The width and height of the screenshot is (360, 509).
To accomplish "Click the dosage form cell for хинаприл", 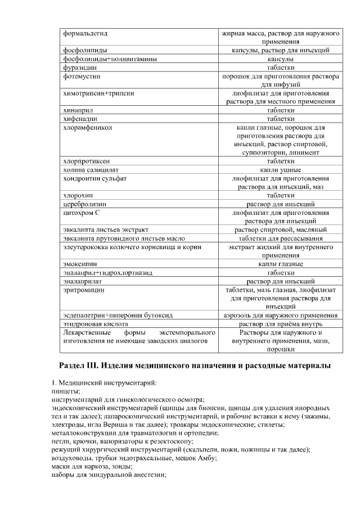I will [280, 110].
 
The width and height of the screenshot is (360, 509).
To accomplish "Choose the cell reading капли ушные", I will [280, 170].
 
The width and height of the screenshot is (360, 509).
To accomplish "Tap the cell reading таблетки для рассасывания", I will [280, 238].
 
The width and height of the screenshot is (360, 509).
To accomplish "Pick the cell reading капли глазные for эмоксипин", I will [280, 264].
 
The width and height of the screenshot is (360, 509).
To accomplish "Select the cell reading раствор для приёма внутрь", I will [280, 324].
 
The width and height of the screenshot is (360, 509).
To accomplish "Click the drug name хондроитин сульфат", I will [95, 178].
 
